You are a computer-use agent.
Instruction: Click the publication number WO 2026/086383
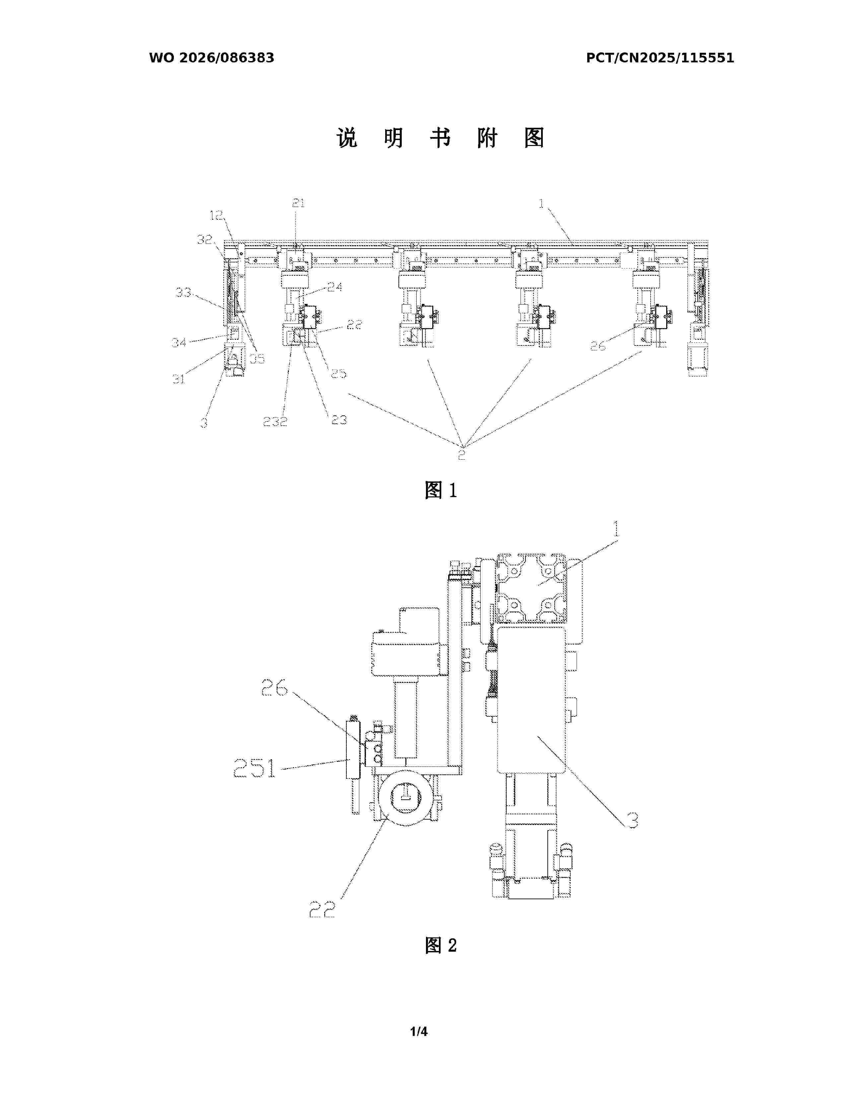pyautogui.click(x=212, y=58)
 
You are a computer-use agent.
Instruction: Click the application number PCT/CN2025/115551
pyautogui.click(x=660, y=58)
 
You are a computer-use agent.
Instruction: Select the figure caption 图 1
pyautogui.click(x=441, y=490)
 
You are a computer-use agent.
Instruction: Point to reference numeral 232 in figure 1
pyautogui.click(x=275, y=421)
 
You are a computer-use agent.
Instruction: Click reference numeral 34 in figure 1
pyautogui.click(x=179, y=342)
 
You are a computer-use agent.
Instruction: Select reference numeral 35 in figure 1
pyautogui.click(x=257, y=359)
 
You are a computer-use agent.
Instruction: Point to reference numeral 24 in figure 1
pyautogui.click(x=335, y=287)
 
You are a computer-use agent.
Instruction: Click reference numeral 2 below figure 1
pyautogui.click(x=461, y=455)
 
